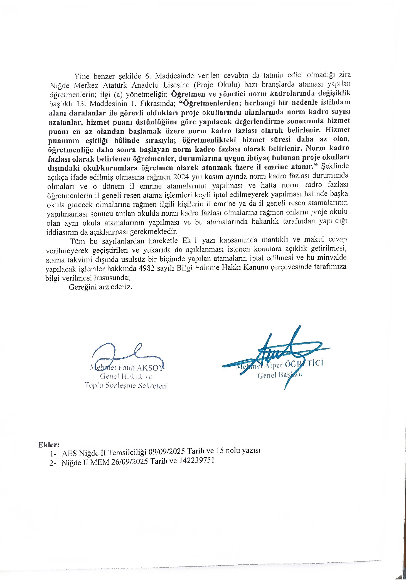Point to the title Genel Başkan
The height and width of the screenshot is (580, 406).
pyautogui.click(x=279, y=375)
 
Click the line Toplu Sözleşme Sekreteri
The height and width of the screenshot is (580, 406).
pyautogui.click(x=126, y=386)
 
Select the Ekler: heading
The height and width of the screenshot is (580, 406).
pyautogui.click(x=49, y=444)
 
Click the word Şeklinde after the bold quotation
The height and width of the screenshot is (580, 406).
pyautogui.click(x=335, y=166)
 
